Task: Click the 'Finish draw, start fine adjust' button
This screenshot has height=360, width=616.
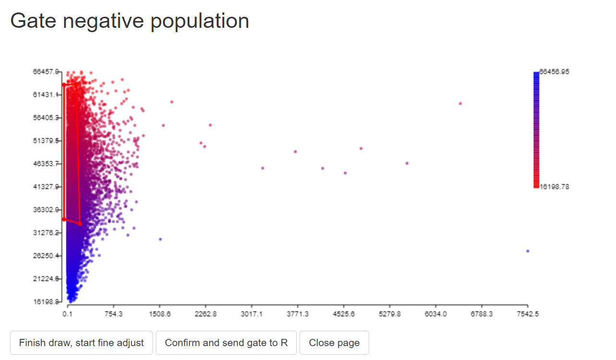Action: pos(81,343)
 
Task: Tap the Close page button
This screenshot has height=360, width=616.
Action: pos(334,343)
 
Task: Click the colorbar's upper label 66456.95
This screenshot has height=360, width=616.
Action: pos(554,71)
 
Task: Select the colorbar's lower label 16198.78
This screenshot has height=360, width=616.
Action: pos(554,186)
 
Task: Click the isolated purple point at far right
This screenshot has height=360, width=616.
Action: pos(528,251)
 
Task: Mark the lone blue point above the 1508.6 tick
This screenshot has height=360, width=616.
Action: pos(160,239)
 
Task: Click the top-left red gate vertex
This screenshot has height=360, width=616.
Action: pos(64,85)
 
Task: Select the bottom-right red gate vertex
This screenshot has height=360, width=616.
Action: pos(80,223)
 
